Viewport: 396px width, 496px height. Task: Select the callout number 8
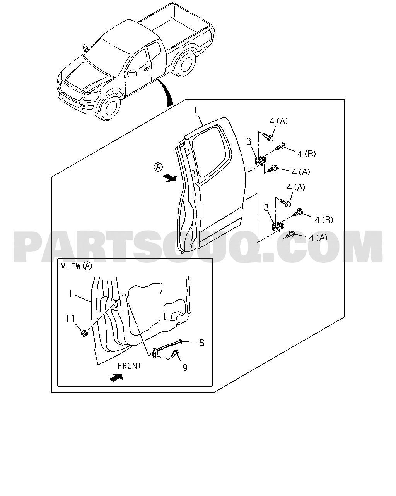click(x=201, y=343)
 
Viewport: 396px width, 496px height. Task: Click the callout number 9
click(x=185, y=368)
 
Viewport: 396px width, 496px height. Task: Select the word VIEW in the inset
click(x=71, y=267)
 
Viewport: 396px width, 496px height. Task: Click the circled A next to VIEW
click(x=87, y=266)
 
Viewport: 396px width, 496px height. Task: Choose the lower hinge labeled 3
click(x=278, y=227)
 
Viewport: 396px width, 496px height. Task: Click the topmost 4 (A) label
click(x=278, y=121)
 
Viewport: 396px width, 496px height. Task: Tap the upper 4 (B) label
click(x=306, y=154)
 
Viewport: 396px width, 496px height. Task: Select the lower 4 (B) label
click(x=324, y=220)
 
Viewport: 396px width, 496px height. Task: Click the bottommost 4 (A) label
click(x=318, y=238)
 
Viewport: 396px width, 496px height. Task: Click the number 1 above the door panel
click(x=196, y=110)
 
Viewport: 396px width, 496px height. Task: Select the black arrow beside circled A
click(x=170, y=178)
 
